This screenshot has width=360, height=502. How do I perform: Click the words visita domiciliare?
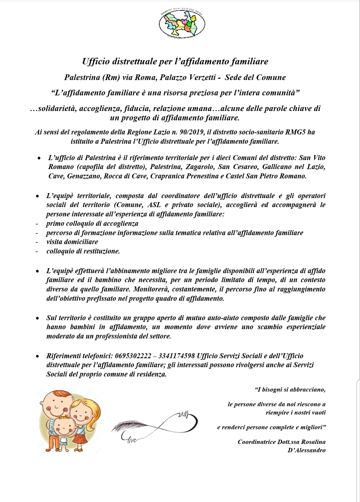[x=72, y=242]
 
